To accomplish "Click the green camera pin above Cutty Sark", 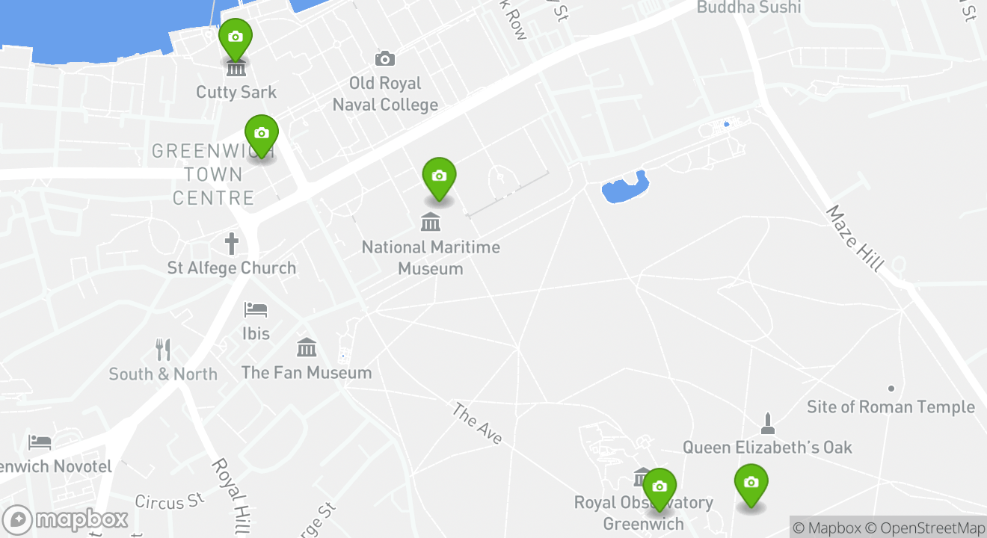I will (235, 37).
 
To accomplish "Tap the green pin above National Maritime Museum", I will (439, 177).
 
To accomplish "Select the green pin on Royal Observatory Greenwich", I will (659, 488).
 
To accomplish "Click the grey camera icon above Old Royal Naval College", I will (385, 58).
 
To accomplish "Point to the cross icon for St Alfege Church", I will (232, 244).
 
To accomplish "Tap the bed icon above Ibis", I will (256, 309).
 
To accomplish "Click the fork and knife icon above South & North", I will (163, 349).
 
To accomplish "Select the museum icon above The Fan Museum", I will (307, 347).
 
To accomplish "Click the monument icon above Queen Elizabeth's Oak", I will (766, 423).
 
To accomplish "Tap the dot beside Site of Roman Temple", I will (891, 389).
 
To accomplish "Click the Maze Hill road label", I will (855, 238).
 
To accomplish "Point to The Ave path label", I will (476, 424).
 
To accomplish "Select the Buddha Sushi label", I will (748, 7).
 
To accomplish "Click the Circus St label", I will (170, 501).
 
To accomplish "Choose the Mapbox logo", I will (66, 519).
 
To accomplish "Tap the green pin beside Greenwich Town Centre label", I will (262, 134).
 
